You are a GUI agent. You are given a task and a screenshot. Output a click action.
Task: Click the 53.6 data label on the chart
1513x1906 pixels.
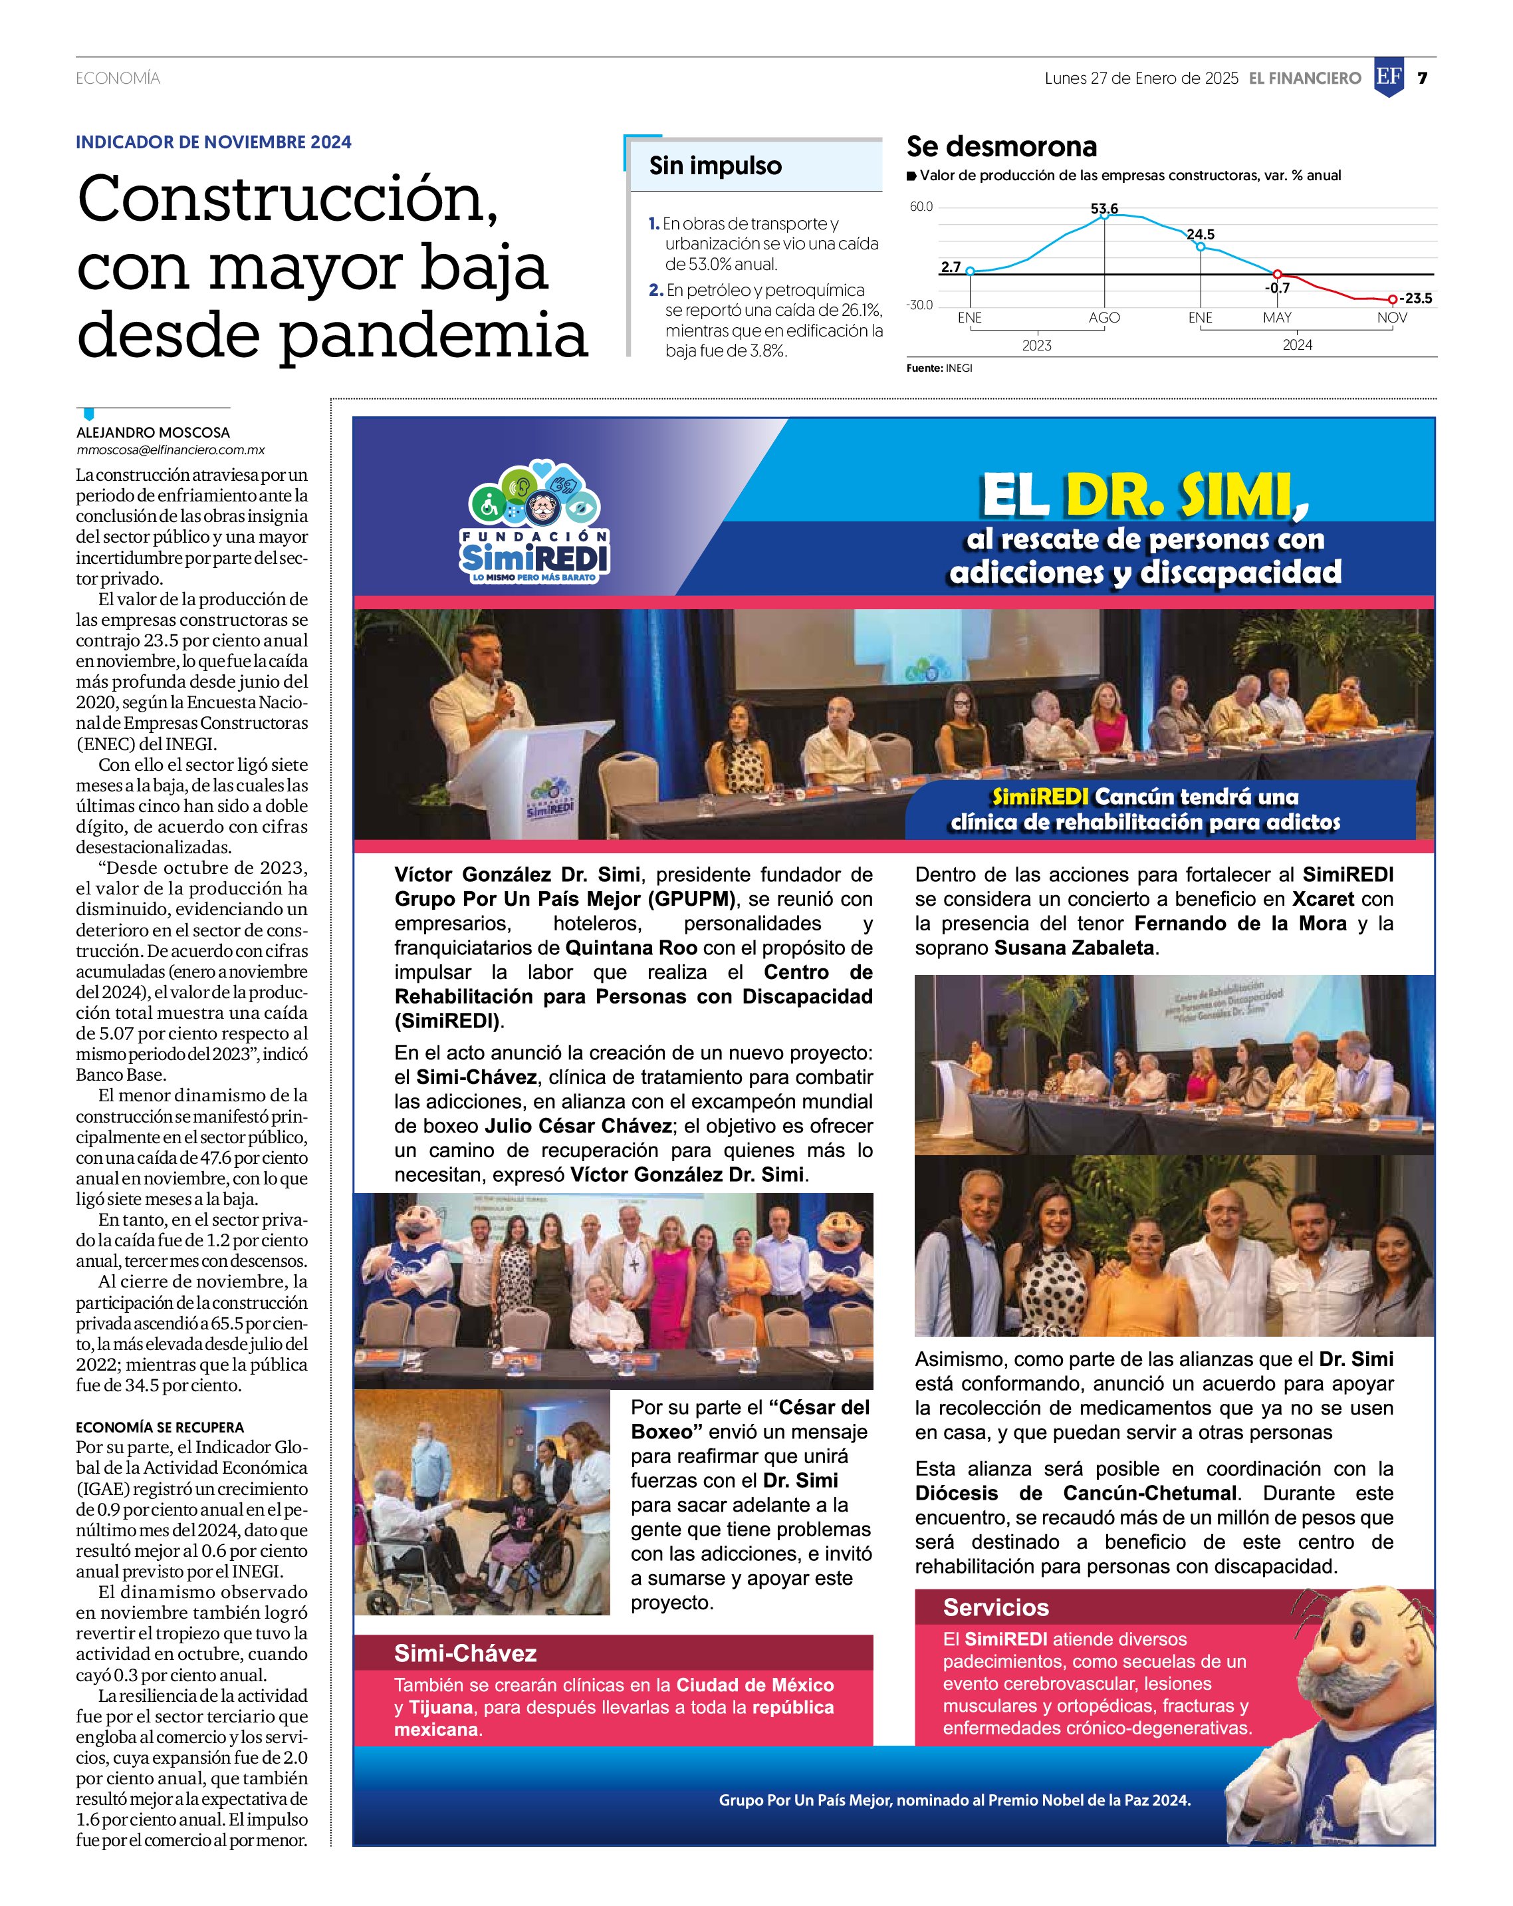[1104, 209]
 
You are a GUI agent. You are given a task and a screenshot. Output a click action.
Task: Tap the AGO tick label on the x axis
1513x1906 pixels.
[1104, 317]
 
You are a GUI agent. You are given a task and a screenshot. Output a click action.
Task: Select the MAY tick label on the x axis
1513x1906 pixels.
[1277, 317]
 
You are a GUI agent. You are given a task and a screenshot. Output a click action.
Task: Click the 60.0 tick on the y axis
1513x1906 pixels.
[921, 207]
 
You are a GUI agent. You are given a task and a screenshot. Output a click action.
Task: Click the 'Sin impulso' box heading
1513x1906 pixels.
[715, 166]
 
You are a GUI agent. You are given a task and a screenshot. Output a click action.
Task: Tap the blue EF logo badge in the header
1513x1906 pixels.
[1389, 78]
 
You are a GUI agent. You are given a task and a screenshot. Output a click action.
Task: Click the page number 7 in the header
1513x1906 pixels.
[1422, 78]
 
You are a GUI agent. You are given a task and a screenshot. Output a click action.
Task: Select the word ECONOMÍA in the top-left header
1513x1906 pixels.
[118, 78]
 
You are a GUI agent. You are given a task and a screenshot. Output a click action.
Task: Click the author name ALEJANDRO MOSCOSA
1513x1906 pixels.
[153, 432]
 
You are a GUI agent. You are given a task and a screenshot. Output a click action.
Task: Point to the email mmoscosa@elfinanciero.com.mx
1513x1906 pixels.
[171, 450]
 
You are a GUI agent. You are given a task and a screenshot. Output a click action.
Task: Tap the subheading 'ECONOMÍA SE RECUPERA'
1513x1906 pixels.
[159, 1427]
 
